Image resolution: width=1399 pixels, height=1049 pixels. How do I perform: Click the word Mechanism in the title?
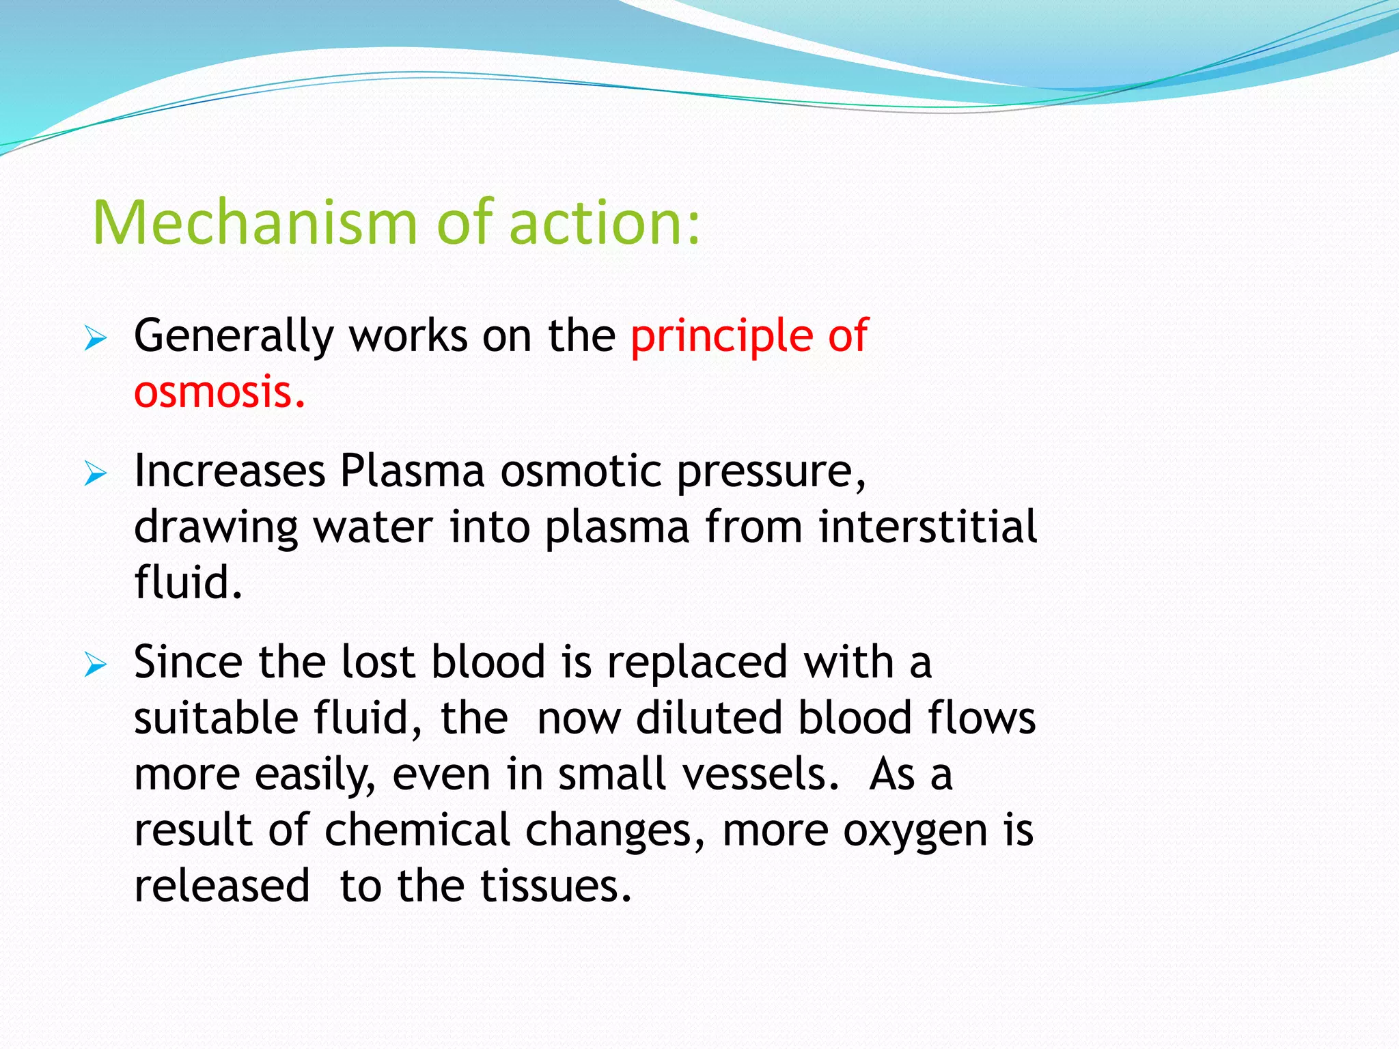(254, 223)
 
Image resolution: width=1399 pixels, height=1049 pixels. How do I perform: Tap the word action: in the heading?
(605, 223)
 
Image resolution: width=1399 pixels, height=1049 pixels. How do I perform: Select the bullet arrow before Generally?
(96, 338)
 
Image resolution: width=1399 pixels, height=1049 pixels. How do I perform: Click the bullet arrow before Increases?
(96, 473)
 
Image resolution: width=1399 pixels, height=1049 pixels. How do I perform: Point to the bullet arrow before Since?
(96, 665)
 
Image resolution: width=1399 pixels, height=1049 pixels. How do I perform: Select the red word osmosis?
(219, 393)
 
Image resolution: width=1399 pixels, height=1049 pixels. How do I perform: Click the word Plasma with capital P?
(412, 471)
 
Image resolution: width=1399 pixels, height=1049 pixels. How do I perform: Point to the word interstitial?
(928, 527)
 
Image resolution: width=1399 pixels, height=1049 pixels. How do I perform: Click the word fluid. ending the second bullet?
(188, 583)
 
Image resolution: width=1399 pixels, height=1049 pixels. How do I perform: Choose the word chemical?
(417, 830)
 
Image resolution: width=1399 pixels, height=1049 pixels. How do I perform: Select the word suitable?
(216, 718)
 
